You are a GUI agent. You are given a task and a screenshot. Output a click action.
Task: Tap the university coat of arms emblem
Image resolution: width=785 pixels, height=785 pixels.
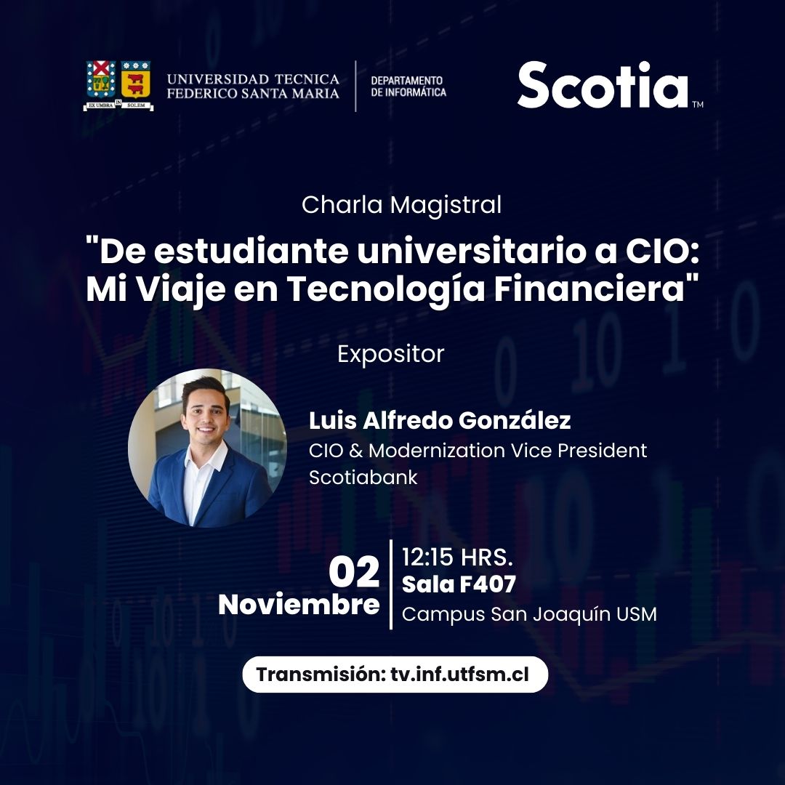pyautogui.click(x=118, y=86)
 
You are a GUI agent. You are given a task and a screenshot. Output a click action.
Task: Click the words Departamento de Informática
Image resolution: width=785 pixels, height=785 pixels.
pyautogui.click(x=408, y=86)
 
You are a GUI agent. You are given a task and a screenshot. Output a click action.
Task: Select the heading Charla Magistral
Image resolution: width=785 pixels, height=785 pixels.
pyautogui.click(x=401, y=204)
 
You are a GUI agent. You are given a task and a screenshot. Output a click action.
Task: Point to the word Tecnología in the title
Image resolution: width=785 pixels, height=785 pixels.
pyautogui.click(x=385, y=290)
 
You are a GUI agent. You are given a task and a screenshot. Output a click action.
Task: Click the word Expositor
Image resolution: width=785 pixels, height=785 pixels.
pyautogui.click(x=391, y=355)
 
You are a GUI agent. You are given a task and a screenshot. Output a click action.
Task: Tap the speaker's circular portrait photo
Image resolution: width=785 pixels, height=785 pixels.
pyautogui.click(x=208, y=448)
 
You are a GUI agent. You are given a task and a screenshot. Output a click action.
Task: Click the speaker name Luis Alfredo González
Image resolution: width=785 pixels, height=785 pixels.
pyautogui.click(x=440, y=421)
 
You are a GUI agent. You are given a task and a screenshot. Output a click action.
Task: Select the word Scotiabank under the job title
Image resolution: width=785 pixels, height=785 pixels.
pyautogui.click(x=363, y=477)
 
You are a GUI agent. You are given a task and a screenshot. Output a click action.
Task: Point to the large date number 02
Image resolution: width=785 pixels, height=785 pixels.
pyautogui.click(x=354, y=572)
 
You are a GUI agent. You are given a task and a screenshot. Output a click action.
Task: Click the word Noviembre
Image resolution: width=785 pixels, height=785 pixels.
pyautogui.click(x=299, y=604)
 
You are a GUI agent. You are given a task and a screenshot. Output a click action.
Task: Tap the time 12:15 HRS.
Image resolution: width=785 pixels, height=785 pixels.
pyautogui.click(x=457, y=557)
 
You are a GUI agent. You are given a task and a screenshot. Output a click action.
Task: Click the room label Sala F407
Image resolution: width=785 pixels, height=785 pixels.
pyautogui.click(x=459, y=584)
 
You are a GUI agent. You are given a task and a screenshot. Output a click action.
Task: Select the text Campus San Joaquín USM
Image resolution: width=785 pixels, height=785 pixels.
pyautogui.click(x=529, y=614)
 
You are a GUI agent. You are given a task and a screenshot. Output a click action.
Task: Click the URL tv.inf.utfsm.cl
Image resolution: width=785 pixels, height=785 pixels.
pyautogui.click(x=459, y=675)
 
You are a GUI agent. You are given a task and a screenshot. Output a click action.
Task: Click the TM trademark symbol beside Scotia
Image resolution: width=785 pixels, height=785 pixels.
pyautogui.click(x=698, y=104)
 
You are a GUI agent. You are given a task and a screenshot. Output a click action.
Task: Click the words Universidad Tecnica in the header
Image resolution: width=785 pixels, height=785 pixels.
pyautogui.click(x=253, y=79)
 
